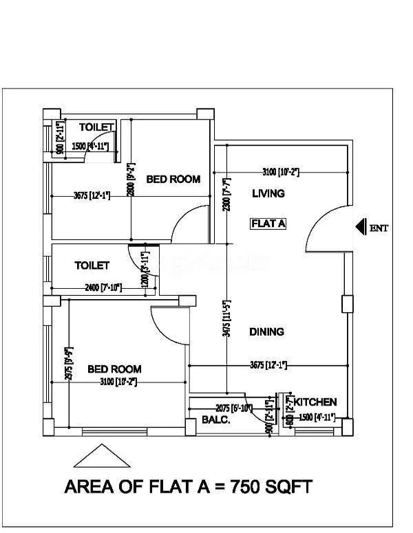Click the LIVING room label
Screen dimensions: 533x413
pyautogui.click(x=268, y=193)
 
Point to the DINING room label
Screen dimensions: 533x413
pyautogui.click(x=267, y=331)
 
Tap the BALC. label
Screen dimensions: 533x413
pyautogui.click(x=215, y=419)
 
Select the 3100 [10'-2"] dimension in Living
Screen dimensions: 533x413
pyautogui.click(x=280, y=171)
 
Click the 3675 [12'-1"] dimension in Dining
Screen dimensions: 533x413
pyautogui.click(x=268, y=365)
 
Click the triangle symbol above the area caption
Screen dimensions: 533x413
pyautogui.click(x=102, y=457)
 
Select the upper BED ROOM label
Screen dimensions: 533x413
pyautogui.click(x=173, y=180)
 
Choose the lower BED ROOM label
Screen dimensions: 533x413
pyautogui.click(x=114, y=369)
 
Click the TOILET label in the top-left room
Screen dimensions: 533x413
pyautogui.click(x=96, y=127)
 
